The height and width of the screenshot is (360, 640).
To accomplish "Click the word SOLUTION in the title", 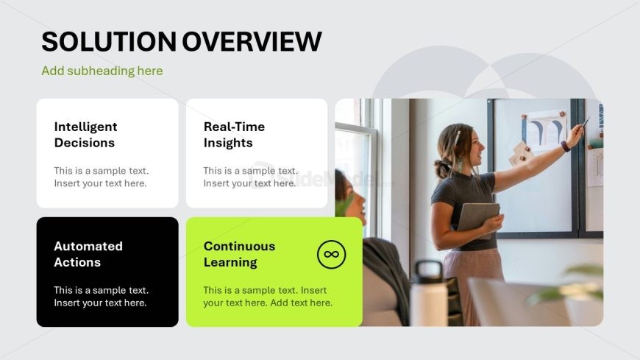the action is pos(109,41).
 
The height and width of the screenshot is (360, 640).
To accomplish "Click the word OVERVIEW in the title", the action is pos(252,41).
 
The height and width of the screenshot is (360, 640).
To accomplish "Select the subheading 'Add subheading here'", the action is pos(102,71).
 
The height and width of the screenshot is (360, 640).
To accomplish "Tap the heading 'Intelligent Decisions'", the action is pos(86,135).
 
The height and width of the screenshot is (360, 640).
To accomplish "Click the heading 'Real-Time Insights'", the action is pos(234,135).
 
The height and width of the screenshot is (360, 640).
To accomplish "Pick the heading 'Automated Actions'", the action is pos(88,254).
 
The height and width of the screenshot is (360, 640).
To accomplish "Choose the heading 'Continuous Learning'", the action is pos(239,254).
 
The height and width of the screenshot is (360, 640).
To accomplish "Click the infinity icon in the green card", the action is pos(332,254).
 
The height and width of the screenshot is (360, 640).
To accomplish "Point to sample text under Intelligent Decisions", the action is pos(102,177).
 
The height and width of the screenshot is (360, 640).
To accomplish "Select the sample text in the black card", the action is pos(102,296).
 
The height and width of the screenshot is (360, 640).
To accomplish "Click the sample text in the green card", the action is pos(268,296).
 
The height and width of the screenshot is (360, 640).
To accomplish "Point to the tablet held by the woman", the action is pos(478,218).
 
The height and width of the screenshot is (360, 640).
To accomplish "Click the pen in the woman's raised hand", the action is pos(586,122).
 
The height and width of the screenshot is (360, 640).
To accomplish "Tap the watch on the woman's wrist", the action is pos(565,147).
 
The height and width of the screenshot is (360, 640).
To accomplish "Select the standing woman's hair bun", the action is pos(442,169).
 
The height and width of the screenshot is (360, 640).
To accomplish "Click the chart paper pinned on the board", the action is pos(544,130).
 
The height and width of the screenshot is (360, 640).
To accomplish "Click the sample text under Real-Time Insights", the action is pos(251,177).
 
